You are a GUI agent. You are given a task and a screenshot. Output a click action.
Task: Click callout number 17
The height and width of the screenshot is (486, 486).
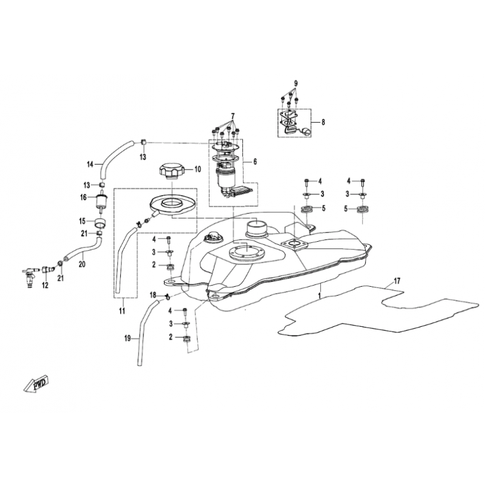(397, 281)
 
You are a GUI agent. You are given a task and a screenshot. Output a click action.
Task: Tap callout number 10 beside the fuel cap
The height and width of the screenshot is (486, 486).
(197, 169)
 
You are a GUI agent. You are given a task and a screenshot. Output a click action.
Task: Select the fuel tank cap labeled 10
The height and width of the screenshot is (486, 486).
(171, 171)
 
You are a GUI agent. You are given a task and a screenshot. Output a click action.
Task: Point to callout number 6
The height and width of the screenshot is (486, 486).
(255, 162)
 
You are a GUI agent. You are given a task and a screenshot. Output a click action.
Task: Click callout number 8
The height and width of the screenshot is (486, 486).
(323, 122)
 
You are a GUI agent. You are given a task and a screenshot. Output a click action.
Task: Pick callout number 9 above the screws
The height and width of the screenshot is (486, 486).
(296, 83)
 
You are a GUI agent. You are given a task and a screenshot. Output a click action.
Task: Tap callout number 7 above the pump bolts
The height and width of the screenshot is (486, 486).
(233, 117)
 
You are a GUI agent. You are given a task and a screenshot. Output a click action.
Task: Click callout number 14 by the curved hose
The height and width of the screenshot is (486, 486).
(90, 164)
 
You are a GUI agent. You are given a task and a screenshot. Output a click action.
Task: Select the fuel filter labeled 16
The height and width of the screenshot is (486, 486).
(101, 202)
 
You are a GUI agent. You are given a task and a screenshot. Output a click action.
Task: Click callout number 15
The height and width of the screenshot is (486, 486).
(82, 221)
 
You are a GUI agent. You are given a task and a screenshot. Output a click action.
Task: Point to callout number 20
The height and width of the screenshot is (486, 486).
(82, 264)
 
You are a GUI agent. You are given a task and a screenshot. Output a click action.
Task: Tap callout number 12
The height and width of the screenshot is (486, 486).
(45, 285)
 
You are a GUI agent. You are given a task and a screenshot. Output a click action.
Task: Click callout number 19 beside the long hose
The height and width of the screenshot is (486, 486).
(128, 338)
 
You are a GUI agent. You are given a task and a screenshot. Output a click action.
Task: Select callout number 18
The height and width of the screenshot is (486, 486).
(153, 295)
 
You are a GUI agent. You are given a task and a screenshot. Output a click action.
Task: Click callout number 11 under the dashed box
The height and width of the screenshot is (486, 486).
(122, 310)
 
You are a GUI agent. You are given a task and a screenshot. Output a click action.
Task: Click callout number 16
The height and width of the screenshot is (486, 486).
(83, 197)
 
